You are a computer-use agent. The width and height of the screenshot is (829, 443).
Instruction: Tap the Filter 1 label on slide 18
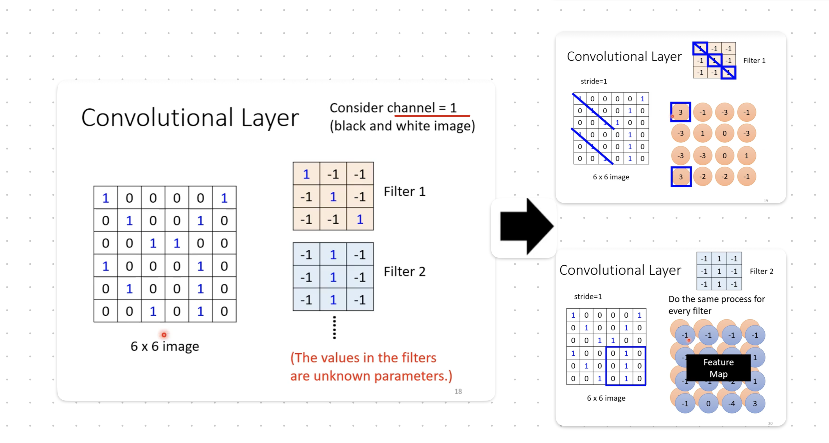pos(404,191)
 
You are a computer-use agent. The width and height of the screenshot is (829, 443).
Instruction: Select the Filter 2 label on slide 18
pos(404,272)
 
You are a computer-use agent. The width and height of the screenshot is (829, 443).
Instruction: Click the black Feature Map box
pos(718,368)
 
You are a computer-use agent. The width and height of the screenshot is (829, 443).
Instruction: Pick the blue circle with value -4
pos(731,403)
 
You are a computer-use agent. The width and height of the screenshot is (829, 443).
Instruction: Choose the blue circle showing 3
pos(755,403)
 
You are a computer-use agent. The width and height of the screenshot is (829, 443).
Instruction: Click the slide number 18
pos(458,392)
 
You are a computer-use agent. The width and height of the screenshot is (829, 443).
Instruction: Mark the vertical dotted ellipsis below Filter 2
pos(334,327)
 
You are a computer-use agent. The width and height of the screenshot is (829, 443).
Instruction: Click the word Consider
pos(356,108)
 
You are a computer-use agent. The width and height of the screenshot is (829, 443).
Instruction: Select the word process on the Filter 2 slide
pos(729,299)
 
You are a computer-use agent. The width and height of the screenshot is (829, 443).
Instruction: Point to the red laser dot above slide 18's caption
pos(164,335)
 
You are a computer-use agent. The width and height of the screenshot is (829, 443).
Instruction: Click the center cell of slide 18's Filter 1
pos(333,196)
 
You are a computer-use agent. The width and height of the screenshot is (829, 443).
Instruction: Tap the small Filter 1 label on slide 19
pos(754,60)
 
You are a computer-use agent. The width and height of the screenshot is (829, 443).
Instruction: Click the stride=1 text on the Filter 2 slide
pos(588,297)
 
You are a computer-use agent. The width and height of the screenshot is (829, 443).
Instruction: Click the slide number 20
pos(770,423)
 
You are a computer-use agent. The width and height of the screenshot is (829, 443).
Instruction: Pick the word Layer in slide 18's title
pos(270,118)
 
